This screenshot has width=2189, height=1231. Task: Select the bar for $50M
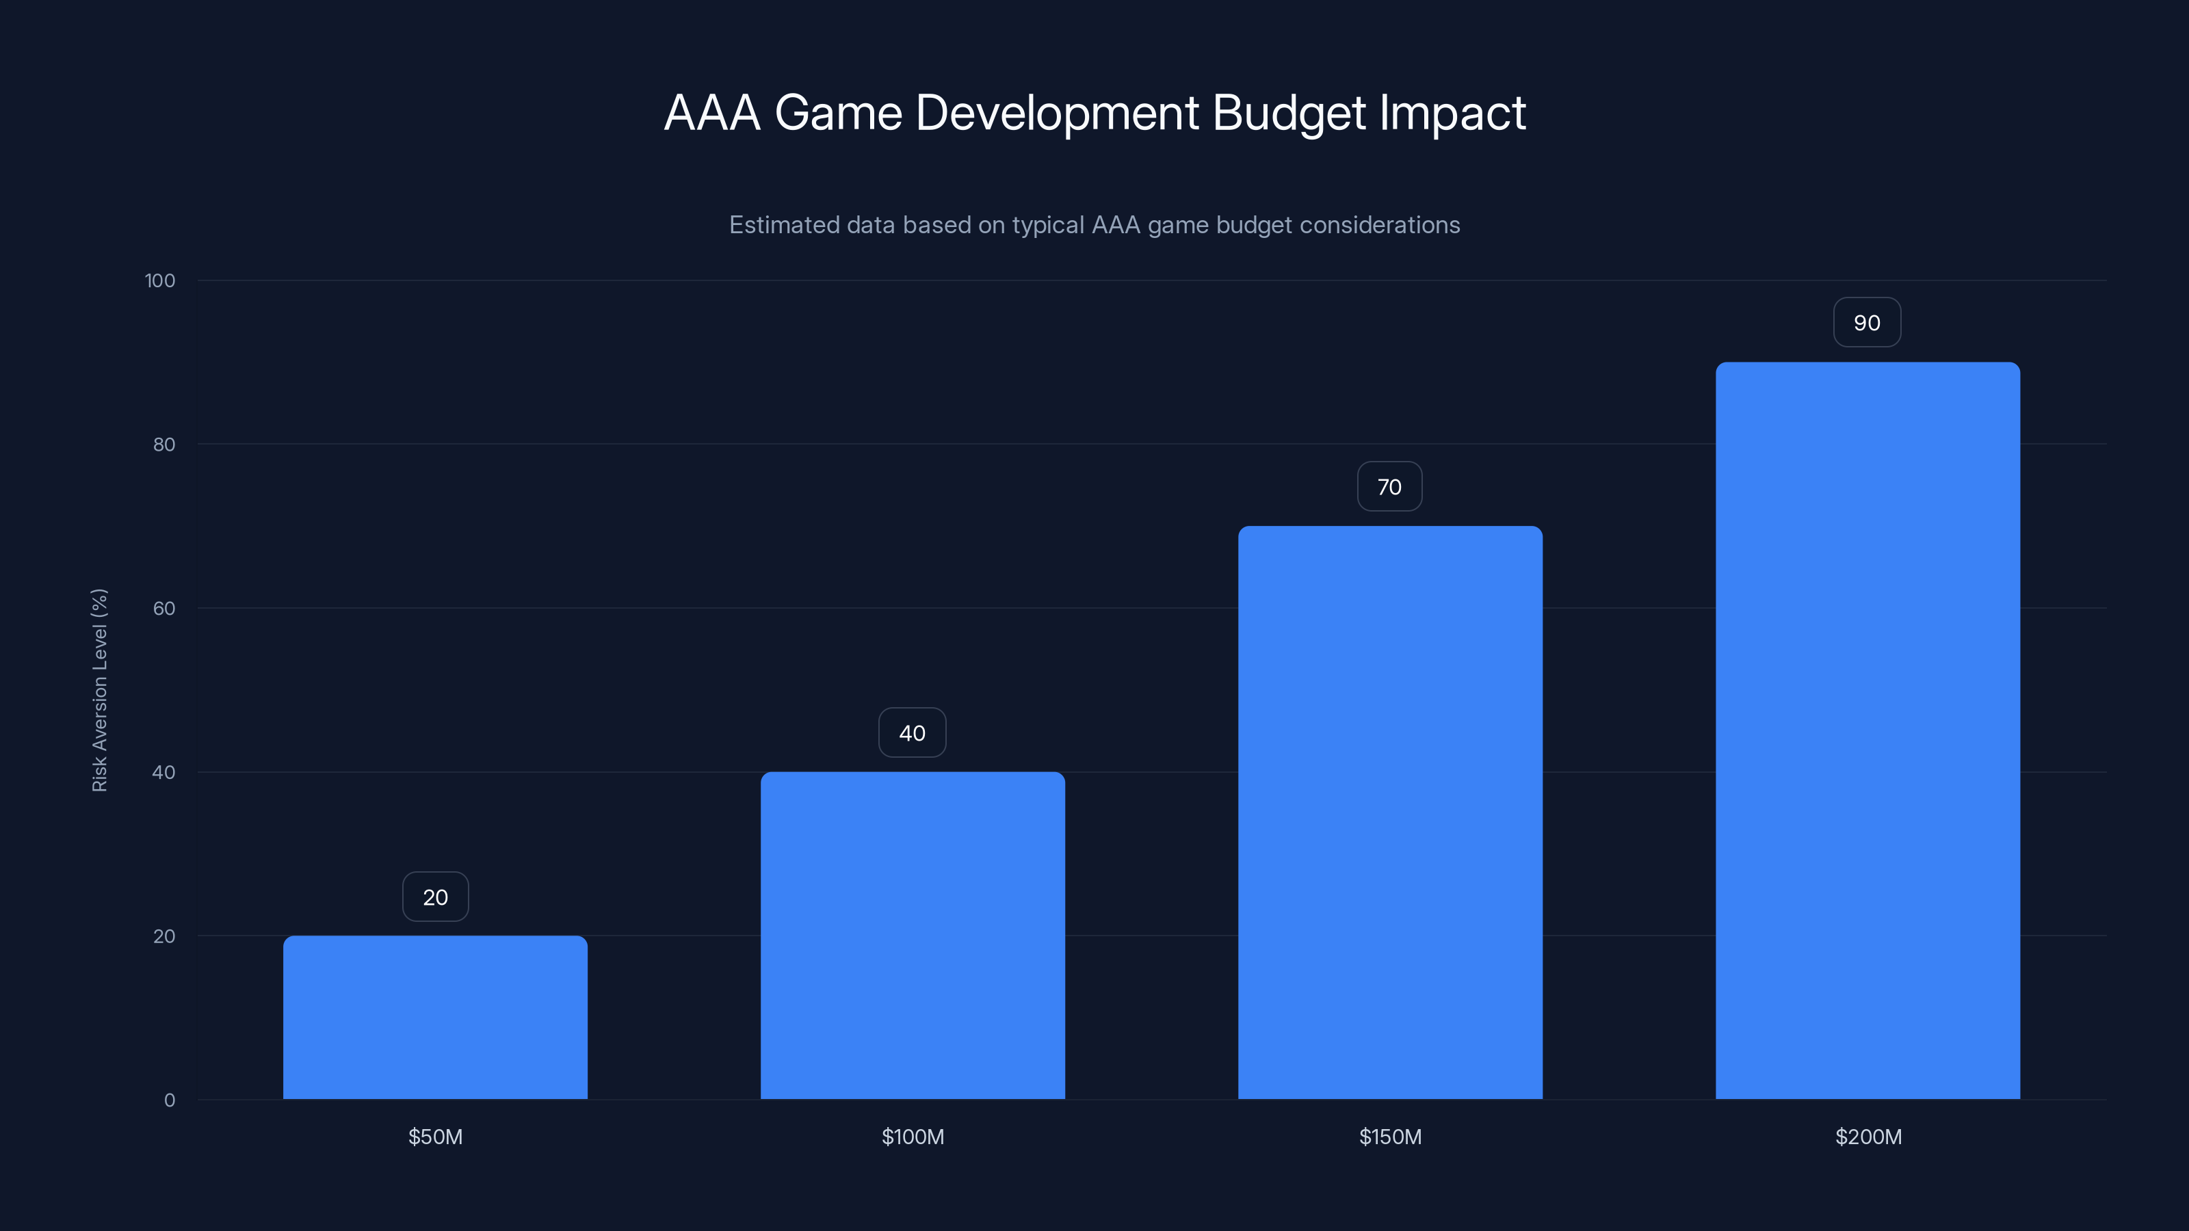435,1017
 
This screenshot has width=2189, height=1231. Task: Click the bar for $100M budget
913,934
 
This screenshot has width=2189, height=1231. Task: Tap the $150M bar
1390,812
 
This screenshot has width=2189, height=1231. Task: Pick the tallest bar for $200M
1867,730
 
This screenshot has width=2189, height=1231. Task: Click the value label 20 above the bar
435,897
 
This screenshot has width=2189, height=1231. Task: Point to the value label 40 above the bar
912,733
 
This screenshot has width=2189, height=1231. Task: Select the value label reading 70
1389,487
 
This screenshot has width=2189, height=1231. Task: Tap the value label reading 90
1867,323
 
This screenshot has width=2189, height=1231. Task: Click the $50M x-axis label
435,1137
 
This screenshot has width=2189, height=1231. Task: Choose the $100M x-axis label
913,1137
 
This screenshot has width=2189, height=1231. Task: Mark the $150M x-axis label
1390,1137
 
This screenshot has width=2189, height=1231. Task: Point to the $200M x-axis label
1867,1137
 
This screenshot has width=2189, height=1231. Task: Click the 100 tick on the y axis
160,280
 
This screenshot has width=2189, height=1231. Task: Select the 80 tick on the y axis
164,445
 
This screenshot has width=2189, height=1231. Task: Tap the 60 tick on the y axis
164,608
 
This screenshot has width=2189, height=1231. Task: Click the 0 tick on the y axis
169,1100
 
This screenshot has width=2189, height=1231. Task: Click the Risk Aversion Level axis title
99,690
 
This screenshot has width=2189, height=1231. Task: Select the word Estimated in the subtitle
783,225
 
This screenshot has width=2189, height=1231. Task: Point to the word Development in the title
1057,113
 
